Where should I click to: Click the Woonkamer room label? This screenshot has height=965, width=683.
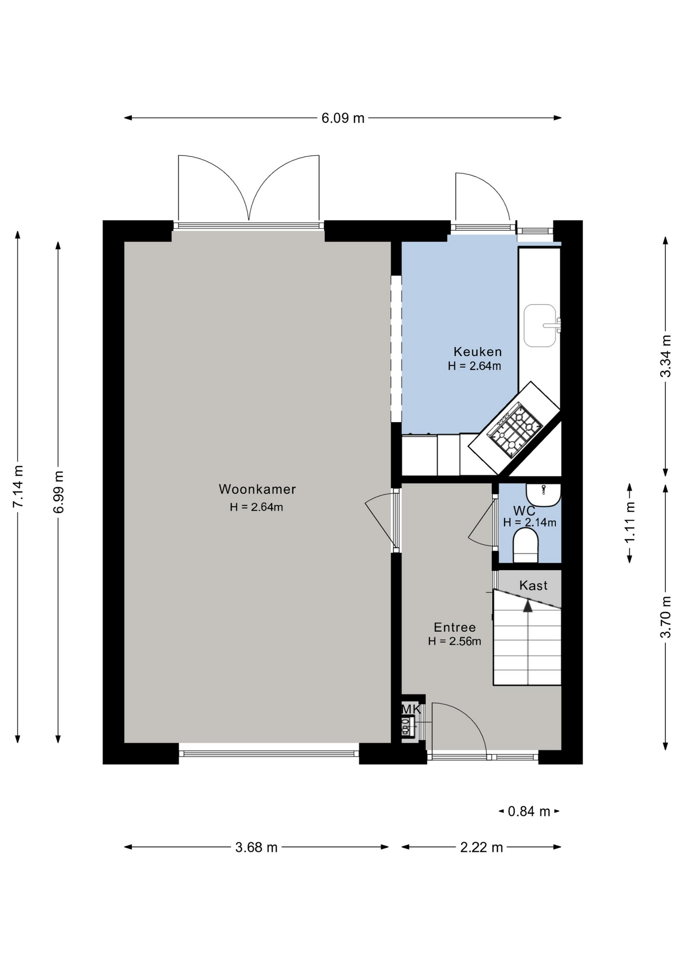click(x=257, y=489)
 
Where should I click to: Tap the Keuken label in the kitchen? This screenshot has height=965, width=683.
click(x=477, y=352)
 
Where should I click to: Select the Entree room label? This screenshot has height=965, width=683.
click(x=455, y=627)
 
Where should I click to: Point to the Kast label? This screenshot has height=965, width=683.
click(x=533, y=586)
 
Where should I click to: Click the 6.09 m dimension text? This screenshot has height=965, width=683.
click(x=343, y=118)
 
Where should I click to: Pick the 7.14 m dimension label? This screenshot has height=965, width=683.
click(x=18, y=486)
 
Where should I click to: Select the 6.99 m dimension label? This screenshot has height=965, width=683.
click(x=58, y=492)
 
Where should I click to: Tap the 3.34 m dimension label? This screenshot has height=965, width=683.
click(x=665, y=356)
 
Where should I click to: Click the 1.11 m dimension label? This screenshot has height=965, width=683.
click(x=629, y=523)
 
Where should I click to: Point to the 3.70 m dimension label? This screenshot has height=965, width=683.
click(x=665, y=617)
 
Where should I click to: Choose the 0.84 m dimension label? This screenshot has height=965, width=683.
click(x=529, y=811)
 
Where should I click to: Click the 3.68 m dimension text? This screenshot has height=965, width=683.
click(x=257, y=847)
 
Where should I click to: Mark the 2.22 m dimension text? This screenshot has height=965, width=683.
click(x=481, y=847)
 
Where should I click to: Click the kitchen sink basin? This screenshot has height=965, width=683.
click(x=540, y=326)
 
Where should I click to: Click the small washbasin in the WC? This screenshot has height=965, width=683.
click(x=543, y=495)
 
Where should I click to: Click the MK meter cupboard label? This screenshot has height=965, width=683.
click(x=411, y=709)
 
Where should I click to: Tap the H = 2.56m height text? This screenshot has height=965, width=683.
click(x=455, y=641)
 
